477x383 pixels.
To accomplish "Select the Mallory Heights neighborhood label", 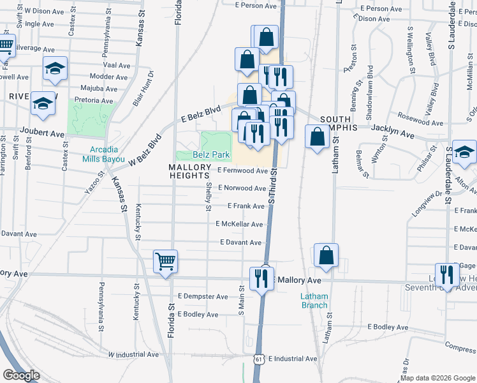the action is [189, 171].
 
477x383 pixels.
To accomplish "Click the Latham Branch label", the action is [314, 300].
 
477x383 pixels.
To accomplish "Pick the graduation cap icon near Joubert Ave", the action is [43, 104].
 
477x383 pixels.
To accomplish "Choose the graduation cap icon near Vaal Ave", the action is [55, 68].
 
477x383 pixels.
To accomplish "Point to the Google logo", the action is [22, 375].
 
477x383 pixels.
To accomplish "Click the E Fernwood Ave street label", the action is [242, 171].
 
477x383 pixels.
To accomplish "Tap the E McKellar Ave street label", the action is [239, 225].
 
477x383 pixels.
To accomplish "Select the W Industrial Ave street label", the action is [133, 354].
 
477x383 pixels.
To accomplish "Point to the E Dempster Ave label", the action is [203, 297].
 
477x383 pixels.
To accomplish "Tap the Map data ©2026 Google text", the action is [437, 378].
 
